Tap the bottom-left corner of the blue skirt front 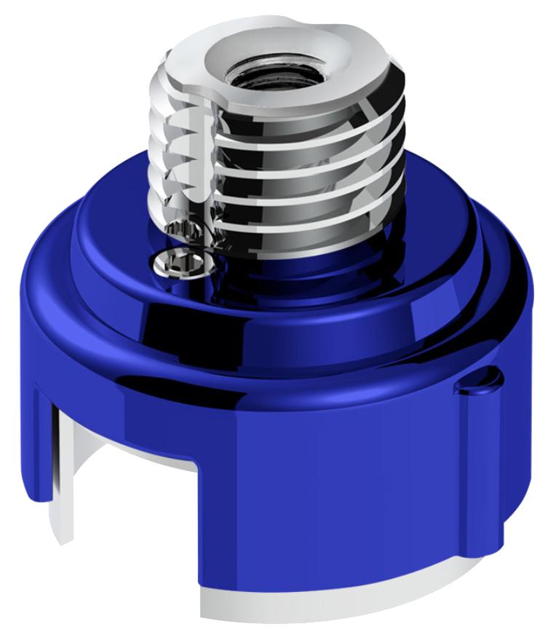coord(204,579)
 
